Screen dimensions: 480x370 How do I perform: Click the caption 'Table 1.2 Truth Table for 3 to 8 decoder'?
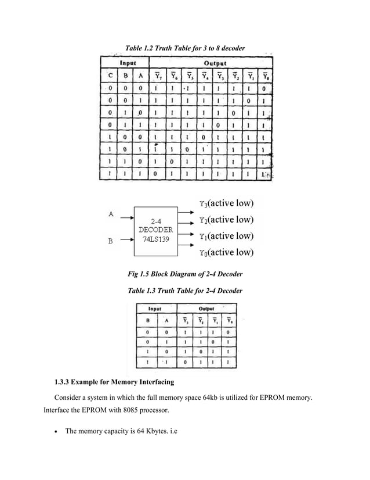[185, 47]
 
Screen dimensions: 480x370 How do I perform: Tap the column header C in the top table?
[108, 75]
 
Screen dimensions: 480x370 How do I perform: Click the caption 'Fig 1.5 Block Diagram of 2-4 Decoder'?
[185, 274]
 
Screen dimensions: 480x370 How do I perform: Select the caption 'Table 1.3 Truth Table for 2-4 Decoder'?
[185, 291]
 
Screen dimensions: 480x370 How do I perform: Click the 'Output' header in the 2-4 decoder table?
[206, 309]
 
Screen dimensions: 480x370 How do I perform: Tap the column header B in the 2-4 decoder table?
[147, 320]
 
